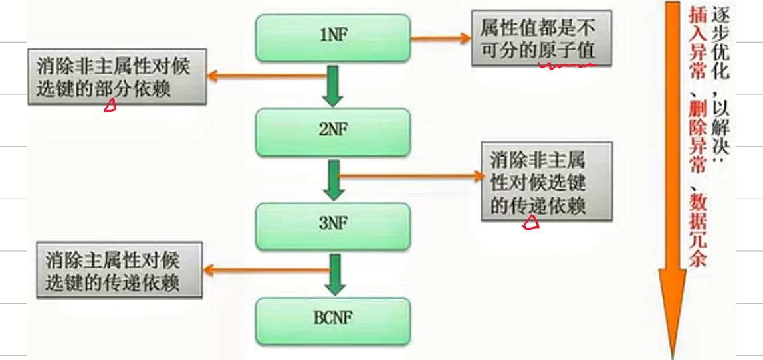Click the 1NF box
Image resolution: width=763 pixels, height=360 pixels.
(333, 37)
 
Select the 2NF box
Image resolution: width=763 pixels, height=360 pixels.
(333, 132)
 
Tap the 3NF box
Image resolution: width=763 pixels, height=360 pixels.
(333, 225)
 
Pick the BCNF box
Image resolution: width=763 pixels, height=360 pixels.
(333, 318)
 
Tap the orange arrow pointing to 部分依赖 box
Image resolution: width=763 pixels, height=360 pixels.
(266, 76)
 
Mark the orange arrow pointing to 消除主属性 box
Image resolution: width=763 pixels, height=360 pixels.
(266, 269)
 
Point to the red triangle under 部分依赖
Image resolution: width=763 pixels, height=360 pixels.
(110, 105)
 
